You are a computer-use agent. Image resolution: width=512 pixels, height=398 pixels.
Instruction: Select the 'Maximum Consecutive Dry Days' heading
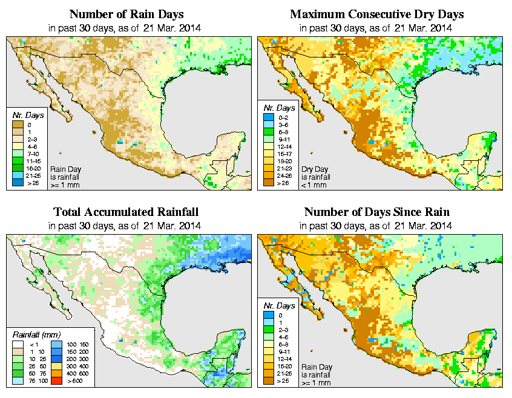[x=378, y=14]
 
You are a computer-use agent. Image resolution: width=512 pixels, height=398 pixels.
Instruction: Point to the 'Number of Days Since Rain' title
[x=378, y=212]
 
